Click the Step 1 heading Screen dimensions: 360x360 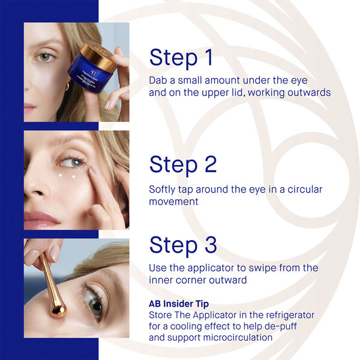click(181, 58)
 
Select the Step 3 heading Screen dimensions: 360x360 click(182, 245)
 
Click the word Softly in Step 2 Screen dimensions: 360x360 click(163, 190)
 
